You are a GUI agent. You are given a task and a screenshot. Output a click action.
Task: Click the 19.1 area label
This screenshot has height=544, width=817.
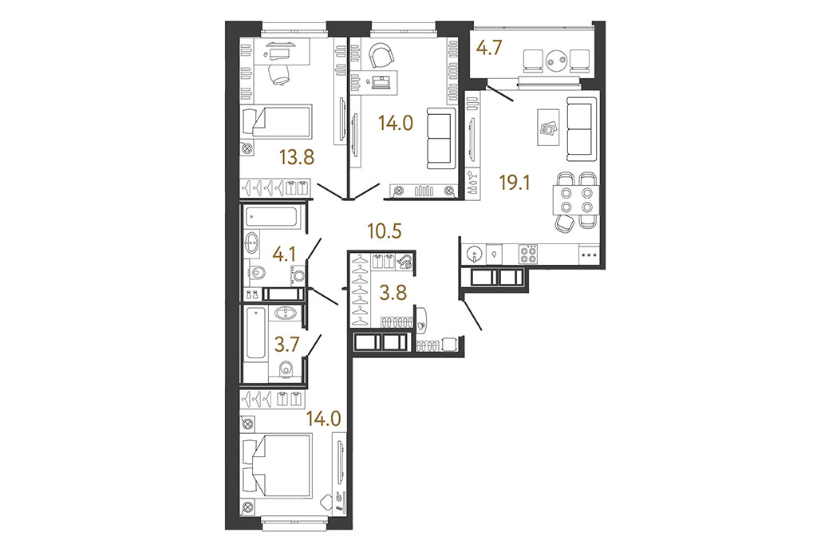514,183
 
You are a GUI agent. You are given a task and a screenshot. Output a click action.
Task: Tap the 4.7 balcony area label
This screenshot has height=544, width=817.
489,48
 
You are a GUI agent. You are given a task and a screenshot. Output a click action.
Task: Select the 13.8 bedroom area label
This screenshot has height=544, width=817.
297,156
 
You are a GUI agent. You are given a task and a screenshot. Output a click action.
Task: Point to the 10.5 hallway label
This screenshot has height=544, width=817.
384,231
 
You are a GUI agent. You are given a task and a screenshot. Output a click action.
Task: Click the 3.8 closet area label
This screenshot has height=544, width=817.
393,293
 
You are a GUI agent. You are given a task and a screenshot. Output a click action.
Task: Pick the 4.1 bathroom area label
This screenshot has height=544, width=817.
284,254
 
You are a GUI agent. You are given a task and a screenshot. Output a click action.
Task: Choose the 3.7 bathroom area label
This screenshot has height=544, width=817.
286,345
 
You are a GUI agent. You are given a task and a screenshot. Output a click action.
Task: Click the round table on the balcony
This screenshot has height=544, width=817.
556,61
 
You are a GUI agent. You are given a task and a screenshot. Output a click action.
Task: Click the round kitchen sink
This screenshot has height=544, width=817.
475,254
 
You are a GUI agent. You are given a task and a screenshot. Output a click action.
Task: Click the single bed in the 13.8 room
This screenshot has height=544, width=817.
276,123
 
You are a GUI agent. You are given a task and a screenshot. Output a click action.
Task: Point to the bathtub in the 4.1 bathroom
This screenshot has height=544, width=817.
271,217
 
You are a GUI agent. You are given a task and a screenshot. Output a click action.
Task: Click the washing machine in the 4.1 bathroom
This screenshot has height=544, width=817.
298,275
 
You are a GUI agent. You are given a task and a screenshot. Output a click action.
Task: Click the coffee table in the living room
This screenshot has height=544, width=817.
548,128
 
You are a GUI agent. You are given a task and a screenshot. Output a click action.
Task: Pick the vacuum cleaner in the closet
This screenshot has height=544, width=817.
405,262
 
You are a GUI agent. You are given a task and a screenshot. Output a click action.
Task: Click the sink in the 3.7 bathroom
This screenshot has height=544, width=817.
285,313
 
